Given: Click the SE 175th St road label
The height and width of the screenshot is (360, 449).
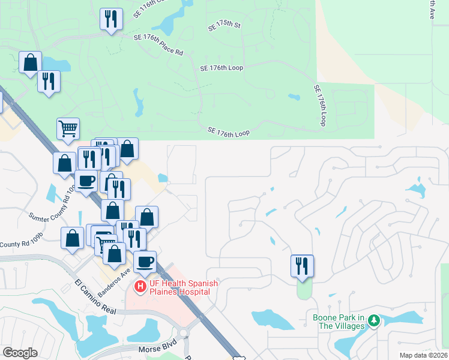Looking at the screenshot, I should pyautogui.click(x=224, y=26).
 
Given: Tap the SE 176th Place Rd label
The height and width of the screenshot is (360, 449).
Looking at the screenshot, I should pyautogui.click(x=158, y=44).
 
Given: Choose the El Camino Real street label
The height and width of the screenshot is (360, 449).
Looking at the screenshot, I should pyautogui.click(x=95, y=296).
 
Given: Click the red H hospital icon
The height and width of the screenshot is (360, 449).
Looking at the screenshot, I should pyautogui.click(x=140, y=287).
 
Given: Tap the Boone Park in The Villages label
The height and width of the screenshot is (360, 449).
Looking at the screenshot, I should pyautogui.click(x=339, y=322).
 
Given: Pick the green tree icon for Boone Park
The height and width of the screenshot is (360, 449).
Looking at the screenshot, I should pyautogui.click(x=374, y=322).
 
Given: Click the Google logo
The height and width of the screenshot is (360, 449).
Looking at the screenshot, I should pyautogui.click(x=20, y=353).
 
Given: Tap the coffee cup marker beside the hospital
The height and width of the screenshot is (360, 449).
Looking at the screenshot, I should pyautogui.click(x=145, y=261).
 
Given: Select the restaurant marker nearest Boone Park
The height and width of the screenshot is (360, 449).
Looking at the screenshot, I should pyautogui.click(x=302, y=265).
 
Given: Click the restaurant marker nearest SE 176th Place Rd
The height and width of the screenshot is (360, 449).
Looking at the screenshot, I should pyautogui.click(x=111, y=19).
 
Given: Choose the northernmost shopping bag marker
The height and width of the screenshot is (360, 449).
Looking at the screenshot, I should pyautogui.click(x=30, y=62).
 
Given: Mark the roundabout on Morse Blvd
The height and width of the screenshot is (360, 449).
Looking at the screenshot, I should pyautogui.click(x=185, y=332).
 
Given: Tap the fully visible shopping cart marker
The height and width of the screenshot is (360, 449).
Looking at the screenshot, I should pyautogui.click(x=68, y=128).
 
